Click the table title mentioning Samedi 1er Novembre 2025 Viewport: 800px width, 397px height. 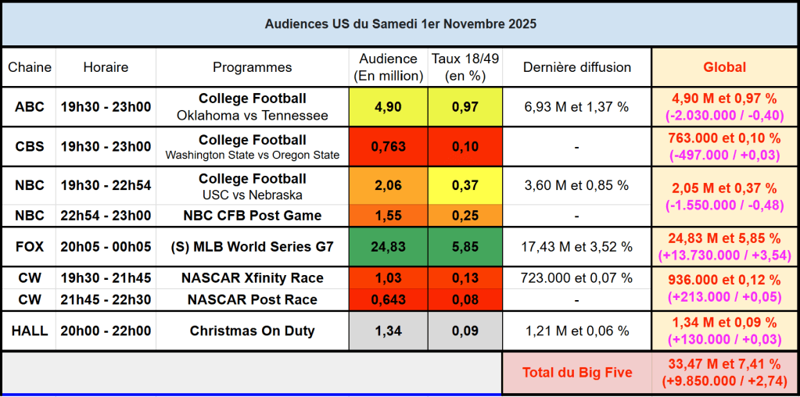(400, 24)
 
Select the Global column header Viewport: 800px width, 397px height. (724, 67)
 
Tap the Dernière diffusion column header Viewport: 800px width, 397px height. (576, 67)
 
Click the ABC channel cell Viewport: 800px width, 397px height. (29, 107)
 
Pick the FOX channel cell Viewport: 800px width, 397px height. (29, 247)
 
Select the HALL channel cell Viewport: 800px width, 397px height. (29, 331)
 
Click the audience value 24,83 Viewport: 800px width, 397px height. (388, 247)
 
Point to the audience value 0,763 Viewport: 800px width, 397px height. (388, 147)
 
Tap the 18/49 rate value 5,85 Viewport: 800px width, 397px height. (465, 247)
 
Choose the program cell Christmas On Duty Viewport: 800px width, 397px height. (252, 331)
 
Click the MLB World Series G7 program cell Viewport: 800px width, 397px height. (252, 247)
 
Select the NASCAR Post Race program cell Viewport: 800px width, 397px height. (252, 300)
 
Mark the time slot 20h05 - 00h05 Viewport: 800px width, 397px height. (106, 247)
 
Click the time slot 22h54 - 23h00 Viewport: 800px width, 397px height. (106, 215)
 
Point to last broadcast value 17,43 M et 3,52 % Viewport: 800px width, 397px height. (576, 247)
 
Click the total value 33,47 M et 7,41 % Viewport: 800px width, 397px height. (724, 364)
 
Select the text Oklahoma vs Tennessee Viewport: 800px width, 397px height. (252, 116)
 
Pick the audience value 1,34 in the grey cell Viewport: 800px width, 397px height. (388, 331)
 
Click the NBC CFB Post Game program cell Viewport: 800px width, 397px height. (252, 215)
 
